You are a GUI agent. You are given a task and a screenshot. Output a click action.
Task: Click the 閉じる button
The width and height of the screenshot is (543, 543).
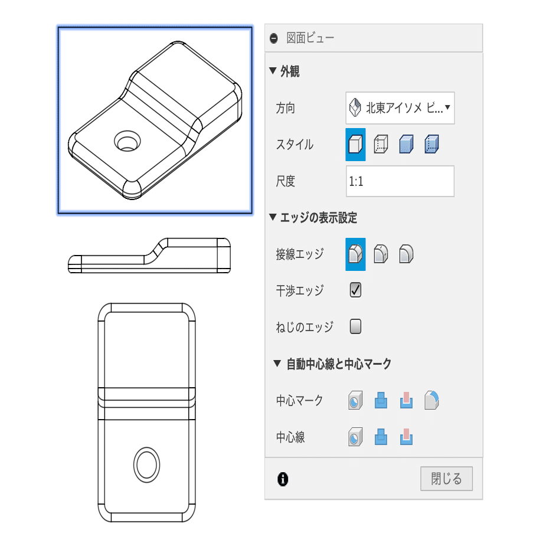pos(446,478)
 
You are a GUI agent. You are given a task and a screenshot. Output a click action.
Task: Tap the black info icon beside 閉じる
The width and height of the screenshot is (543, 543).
pos(283,479)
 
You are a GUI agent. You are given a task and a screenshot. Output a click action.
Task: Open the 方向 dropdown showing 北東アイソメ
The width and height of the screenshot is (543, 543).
pos(400,108)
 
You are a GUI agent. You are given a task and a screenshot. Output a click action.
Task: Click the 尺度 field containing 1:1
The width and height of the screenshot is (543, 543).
pos(400,181)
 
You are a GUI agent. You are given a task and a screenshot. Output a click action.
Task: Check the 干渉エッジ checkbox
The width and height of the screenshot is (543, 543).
pos(355,290)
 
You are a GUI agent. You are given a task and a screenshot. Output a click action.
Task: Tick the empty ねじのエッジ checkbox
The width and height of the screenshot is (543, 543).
pos(355,326)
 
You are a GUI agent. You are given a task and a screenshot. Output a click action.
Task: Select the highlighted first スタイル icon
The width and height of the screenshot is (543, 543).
pos(355,145)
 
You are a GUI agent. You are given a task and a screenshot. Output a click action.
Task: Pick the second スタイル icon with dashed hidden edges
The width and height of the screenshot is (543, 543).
pos(381,145)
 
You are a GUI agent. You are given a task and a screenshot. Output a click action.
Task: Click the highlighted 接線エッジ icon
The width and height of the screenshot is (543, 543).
pos(355,254)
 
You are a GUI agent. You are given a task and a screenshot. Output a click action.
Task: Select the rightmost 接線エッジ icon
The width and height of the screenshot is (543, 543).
pos(406,254)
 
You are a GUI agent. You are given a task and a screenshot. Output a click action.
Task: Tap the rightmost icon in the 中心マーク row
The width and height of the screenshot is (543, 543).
pos(433,401)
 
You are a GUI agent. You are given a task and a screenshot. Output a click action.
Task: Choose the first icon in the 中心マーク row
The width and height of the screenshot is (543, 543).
pos(355,401)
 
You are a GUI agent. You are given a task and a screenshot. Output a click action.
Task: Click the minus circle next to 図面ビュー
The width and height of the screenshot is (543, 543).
pos(273,38)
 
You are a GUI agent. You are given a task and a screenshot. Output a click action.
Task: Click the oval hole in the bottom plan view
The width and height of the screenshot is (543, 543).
pos(146,464)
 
